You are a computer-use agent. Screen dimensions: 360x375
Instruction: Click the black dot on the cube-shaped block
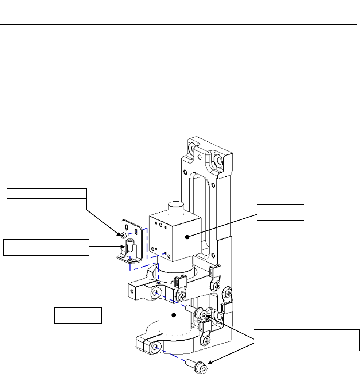point(187,237)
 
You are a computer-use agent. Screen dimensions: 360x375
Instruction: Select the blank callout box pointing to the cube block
point(280,213)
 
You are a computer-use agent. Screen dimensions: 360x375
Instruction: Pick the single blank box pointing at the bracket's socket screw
point(46,247)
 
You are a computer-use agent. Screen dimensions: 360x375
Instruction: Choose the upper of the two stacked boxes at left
point(47,193)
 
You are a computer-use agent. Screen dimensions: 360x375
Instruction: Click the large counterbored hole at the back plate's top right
point(219,160)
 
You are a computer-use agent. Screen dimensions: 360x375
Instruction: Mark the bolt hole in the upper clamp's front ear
point(156,292)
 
